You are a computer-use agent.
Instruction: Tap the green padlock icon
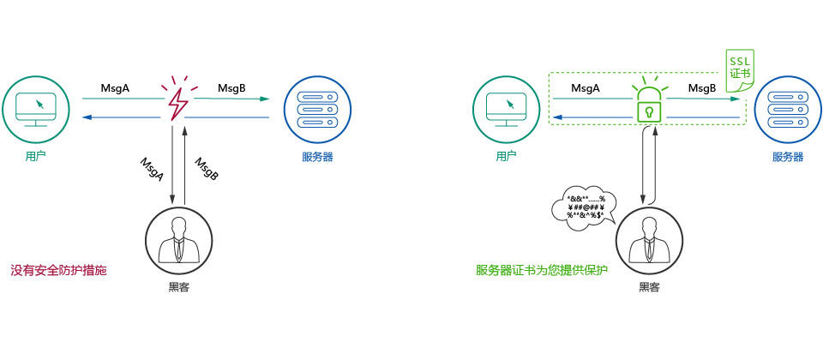coord(649,106)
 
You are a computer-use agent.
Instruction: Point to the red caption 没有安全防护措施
coord(58,270)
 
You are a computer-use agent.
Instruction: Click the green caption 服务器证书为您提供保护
coord(541,270)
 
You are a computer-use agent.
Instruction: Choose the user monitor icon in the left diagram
coord(36,107)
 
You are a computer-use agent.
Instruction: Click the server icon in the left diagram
coord(316,107)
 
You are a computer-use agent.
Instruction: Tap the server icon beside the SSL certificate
coord(787,107)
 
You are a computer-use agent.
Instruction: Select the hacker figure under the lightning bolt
coord(178,239)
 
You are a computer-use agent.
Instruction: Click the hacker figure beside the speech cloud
coord(649,239)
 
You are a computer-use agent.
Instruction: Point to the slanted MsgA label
coord(152,169)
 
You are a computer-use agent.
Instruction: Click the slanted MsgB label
coord(207,169)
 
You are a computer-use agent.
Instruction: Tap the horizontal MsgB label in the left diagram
coord(231,88)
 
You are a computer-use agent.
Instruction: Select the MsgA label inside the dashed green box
coord(585,88)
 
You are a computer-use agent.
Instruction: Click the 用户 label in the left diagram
coord(36,157)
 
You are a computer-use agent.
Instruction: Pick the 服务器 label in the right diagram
coord(787,157)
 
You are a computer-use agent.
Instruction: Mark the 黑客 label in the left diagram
coord(178,287)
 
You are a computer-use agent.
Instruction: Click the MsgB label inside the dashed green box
coord(702,88)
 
